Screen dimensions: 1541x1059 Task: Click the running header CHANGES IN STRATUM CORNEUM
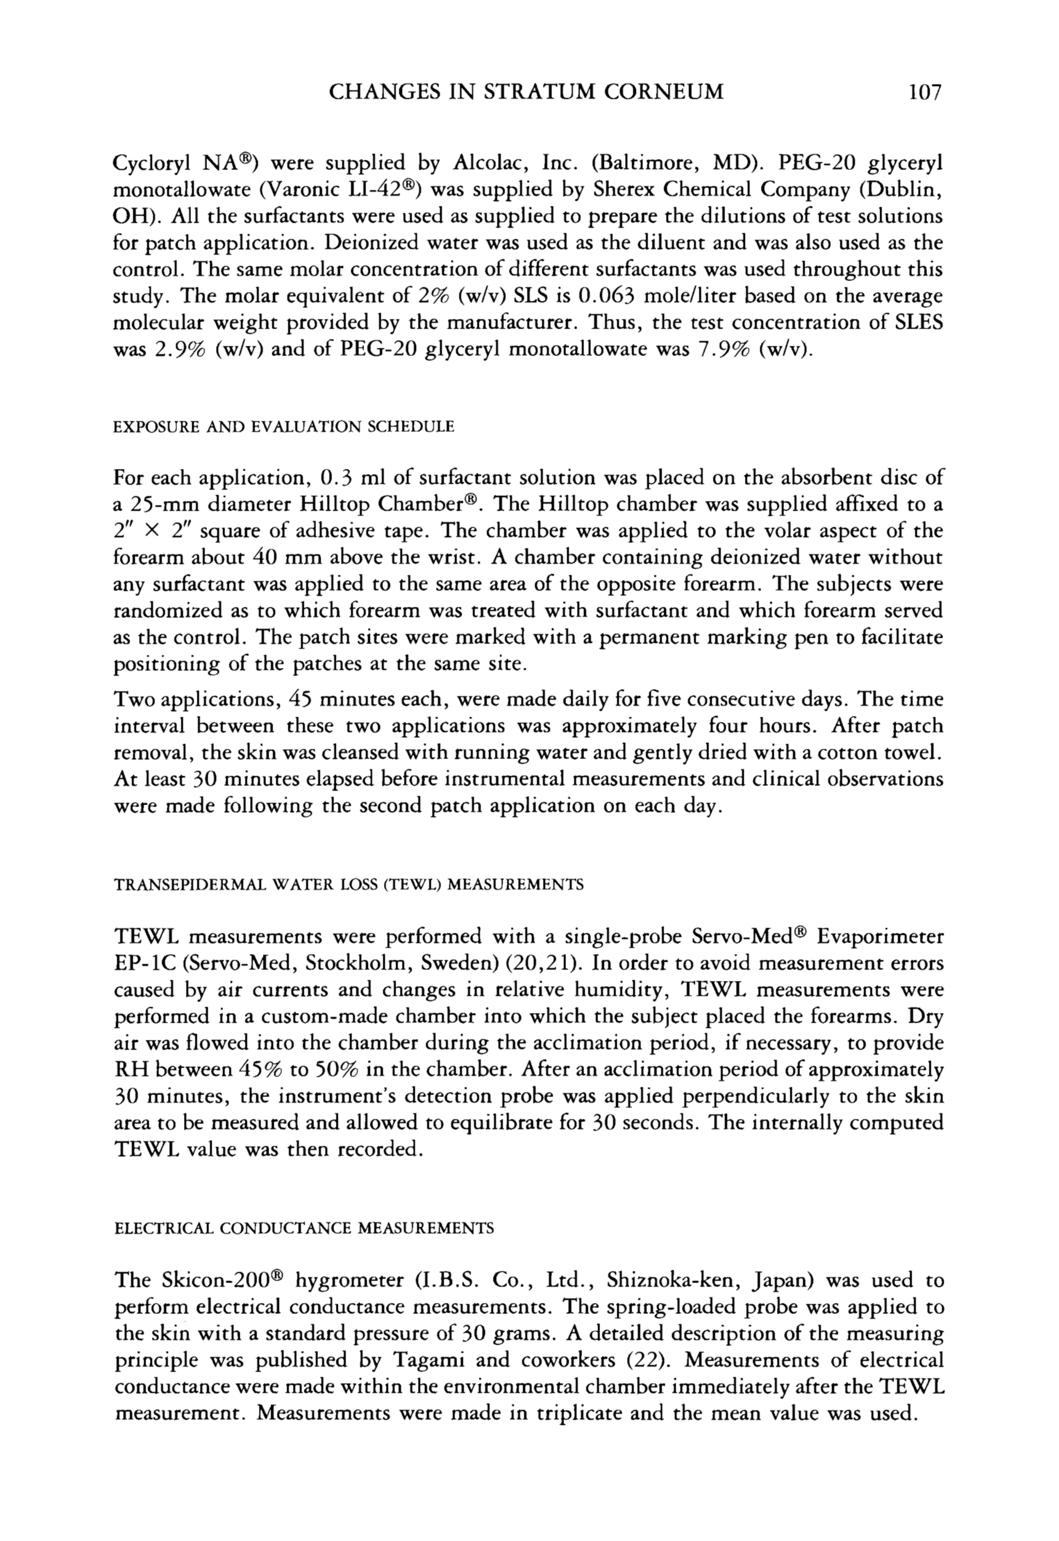pos(526,91)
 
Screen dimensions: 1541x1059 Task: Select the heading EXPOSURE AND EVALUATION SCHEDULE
pos(284,427)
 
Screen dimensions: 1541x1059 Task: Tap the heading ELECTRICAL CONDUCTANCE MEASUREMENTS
pos(304,1229)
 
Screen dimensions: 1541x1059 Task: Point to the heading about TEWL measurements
pos(349,885)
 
